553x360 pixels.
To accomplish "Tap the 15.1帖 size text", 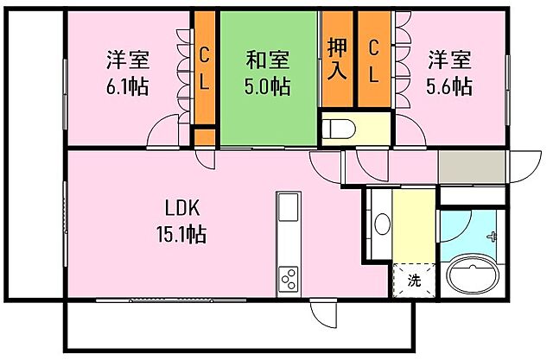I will coord(181,233).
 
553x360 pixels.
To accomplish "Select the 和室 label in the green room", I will coord(267,60).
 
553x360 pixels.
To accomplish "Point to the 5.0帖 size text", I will coord(267,86).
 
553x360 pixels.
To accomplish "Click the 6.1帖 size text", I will coord(128,86).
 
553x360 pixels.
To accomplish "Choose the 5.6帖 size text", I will coord(449,86).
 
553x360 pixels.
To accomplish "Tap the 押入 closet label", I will coord(337,58).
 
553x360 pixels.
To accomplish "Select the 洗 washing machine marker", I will coord(414,280).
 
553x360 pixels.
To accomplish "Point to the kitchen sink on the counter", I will coord(288,210).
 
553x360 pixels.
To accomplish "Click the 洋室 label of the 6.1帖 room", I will coord(128,60).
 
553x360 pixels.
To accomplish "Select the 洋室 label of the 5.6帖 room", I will coord(450,60).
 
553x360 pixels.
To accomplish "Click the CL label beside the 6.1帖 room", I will coord(205,66).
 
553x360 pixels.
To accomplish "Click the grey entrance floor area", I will coord(472,163).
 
